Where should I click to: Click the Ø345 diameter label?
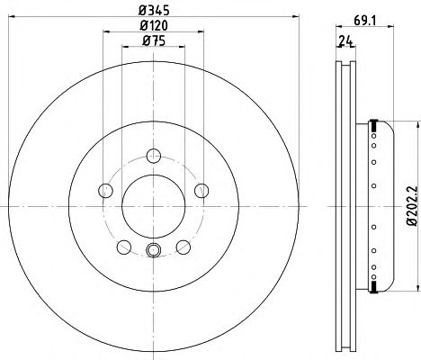(x=154, y=11)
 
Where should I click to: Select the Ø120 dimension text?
(x=154, y=25)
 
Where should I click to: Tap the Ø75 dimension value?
(x=154, y=40)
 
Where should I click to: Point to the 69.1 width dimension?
(x=364, y=21)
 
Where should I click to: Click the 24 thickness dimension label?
(x=345, y=41)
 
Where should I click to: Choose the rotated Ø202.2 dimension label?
(x=412, y=205)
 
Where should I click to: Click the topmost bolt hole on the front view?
(x=154, y=156)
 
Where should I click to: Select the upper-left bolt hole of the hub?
(x=105, y=191)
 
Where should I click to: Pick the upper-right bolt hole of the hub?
(x=202, y=191)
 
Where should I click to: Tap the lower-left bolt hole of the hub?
(x=124, y=247)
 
